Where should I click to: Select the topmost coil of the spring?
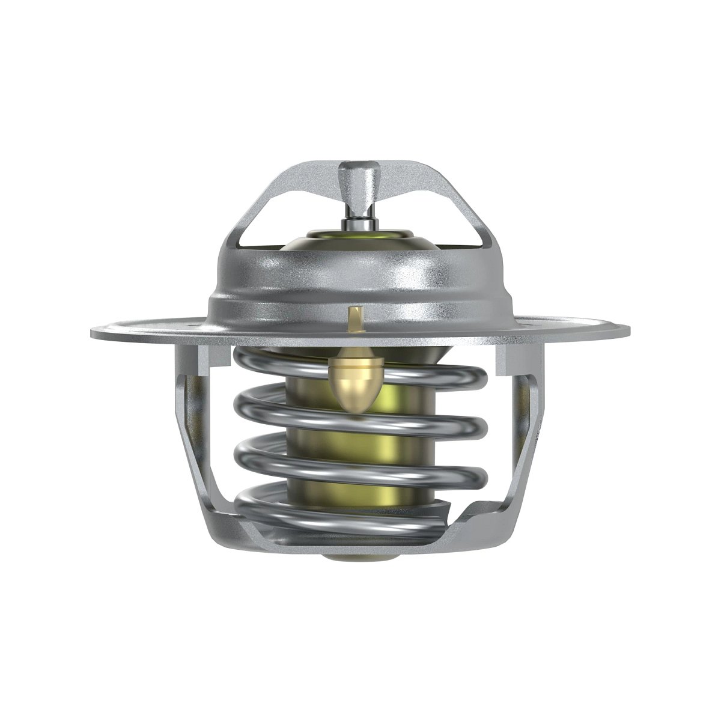click(421, 371)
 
